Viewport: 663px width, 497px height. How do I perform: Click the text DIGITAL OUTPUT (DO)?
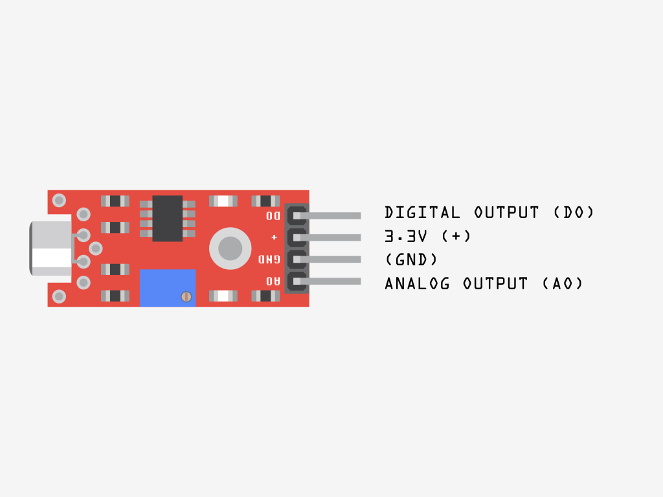click(489, 212)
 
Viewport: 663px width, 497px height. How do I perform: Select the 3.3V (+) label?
click(427, 236)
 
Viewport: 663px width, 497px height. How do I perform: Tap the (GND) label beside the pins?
click(411, 260)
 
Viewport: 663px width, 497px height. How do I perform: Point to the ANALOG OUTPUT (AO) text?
click(484, 283)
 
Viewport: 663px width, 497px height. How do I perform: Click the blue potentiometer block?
click(168, 288)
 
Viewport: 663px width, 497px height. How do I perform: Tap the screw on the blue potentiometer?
click(186, 296)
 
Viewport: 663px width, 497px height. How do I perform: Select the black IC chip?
click(168, 219)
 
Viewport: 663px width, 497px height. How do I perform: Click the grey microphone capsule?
click(51, 248)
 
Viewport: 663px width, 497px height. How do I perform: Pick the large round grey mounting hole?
click(230, 248)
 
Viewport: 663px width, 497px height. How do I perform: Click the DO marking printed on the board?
click(273, 215)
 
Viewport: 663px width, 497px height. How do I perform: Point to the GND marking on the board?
click(269, 259)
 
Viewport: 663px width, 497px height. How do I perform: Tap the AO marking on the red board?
click(273, 281)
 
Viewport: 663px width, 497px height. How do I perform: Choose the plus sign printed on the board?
click(274, 237)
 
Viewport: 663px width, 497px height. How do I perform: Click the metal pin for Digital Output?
click(327, 215)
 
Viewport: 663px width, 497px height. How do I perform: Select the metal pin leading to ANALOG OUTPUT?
click(327, 281)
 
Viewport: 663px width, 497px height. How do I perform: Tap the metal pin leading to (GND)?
click(327, 259)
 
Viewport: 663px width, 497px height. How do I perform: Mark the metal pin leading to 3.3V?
click(327, 237)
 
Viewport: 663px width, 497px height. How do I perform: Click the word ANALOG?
click(418, 283)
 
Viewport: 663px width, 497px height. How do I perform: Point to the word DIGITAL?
click(422, 212)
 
